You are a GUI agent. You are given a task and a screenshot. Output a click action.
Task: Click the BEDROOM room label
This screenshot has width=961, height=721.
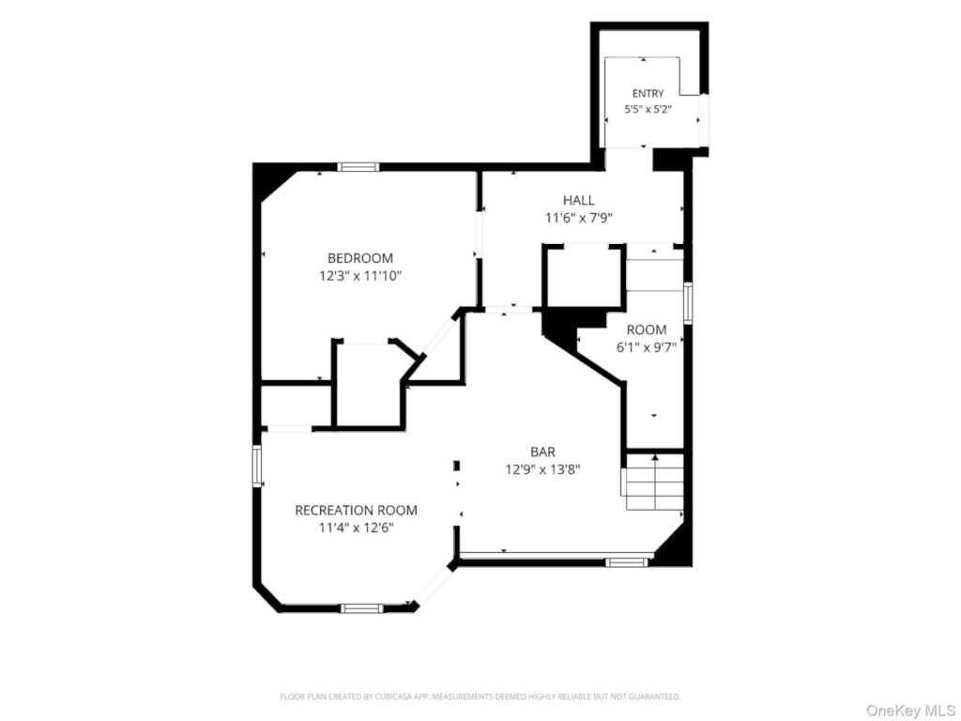click(360, 258)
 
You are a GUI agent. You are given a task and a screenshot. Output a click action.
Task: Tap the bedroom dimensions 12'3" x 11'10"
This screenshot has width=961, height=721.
click(360, 276)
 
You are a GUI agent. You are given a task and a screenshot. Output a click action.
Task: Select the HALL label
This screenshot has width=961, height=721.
click(578, 201)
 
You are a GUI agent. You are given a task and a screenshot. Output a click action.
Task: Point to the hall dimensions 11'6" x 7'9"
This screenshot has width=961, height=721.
click(578, 218)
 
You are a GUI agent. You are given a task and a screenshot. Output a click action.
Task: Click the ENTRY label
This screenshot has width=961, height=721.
click(648, 94)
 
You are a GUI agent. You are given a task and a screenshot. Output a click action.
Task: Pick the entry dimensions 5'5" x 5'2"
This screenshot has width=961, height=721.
click(648, 110)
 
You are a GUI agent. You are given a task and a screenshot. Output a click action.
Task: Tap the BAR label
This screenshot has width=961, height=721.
click(543, 453)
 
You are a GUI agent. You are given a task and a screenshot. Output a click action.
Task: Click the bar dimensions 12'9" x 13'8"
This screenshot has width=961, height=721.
click(543, 470)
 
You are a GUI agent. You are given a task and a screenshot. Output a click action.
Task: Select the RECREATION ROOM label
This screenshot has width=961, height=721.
click(356, 510)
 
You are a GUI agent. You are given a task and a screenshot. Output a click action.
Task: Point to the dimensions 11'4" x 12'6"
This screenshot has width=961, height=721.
click(356, 528)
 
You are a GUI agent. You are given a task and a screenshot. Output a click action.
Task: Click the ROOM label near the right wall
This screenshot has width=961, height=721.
click(646, 330)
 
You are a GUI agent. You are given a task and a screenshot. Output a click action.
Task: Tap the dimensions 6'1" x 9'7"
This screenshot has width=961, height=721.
click(646, 347)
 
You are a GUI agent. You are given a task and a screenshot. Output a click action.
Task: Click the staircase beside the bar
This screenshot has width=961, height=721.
click(653, 482)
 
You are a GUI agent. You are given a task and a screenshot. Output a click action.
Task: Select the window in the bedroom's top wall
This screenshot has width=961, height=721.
click(358, 167)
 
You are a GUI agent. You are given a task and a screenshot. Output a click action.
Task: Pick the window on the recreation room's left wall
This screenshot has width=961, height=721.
click(257, 467)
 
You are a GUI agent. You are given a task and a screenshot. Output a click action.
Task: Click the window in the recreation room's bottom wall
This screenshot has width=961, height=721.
click(361, 608)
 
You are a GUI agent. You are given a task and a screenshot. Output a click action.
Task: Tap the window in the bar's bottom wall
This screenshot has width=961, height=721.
click(626, 562)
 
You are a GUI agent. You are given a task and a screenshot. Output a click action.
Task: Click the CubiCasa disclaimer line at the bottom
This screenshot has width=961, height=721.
click(480, 697)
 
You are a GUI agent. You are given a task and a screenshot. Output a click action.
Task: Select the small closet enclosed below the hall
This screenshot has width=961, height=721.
click(584, 275)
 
